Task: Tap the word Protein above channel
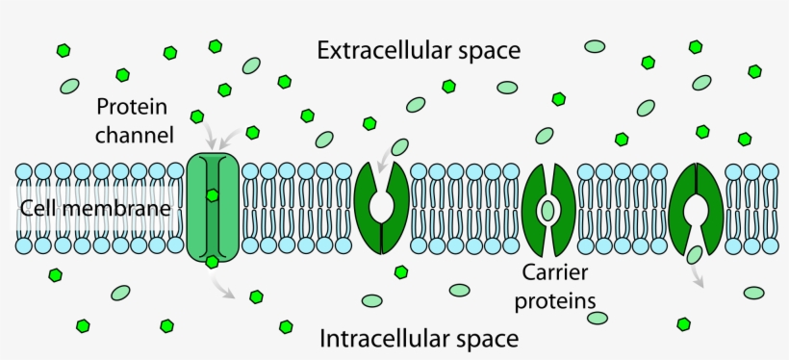pos(134,105)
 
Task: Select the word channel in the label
pos(134,134)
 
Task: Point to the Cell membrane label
pos(93,207)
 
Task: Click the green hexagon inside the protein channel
pos(212,195)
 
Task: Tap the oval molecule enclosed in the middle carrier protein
pos(548,209)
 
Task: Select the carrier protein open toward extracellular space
pos(381,207)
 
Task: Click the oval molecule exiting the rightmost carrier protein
pos(695,255)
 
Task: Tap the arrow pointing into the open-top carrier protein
pos(393,153)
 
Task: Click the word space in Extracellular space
pos(488,50)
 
